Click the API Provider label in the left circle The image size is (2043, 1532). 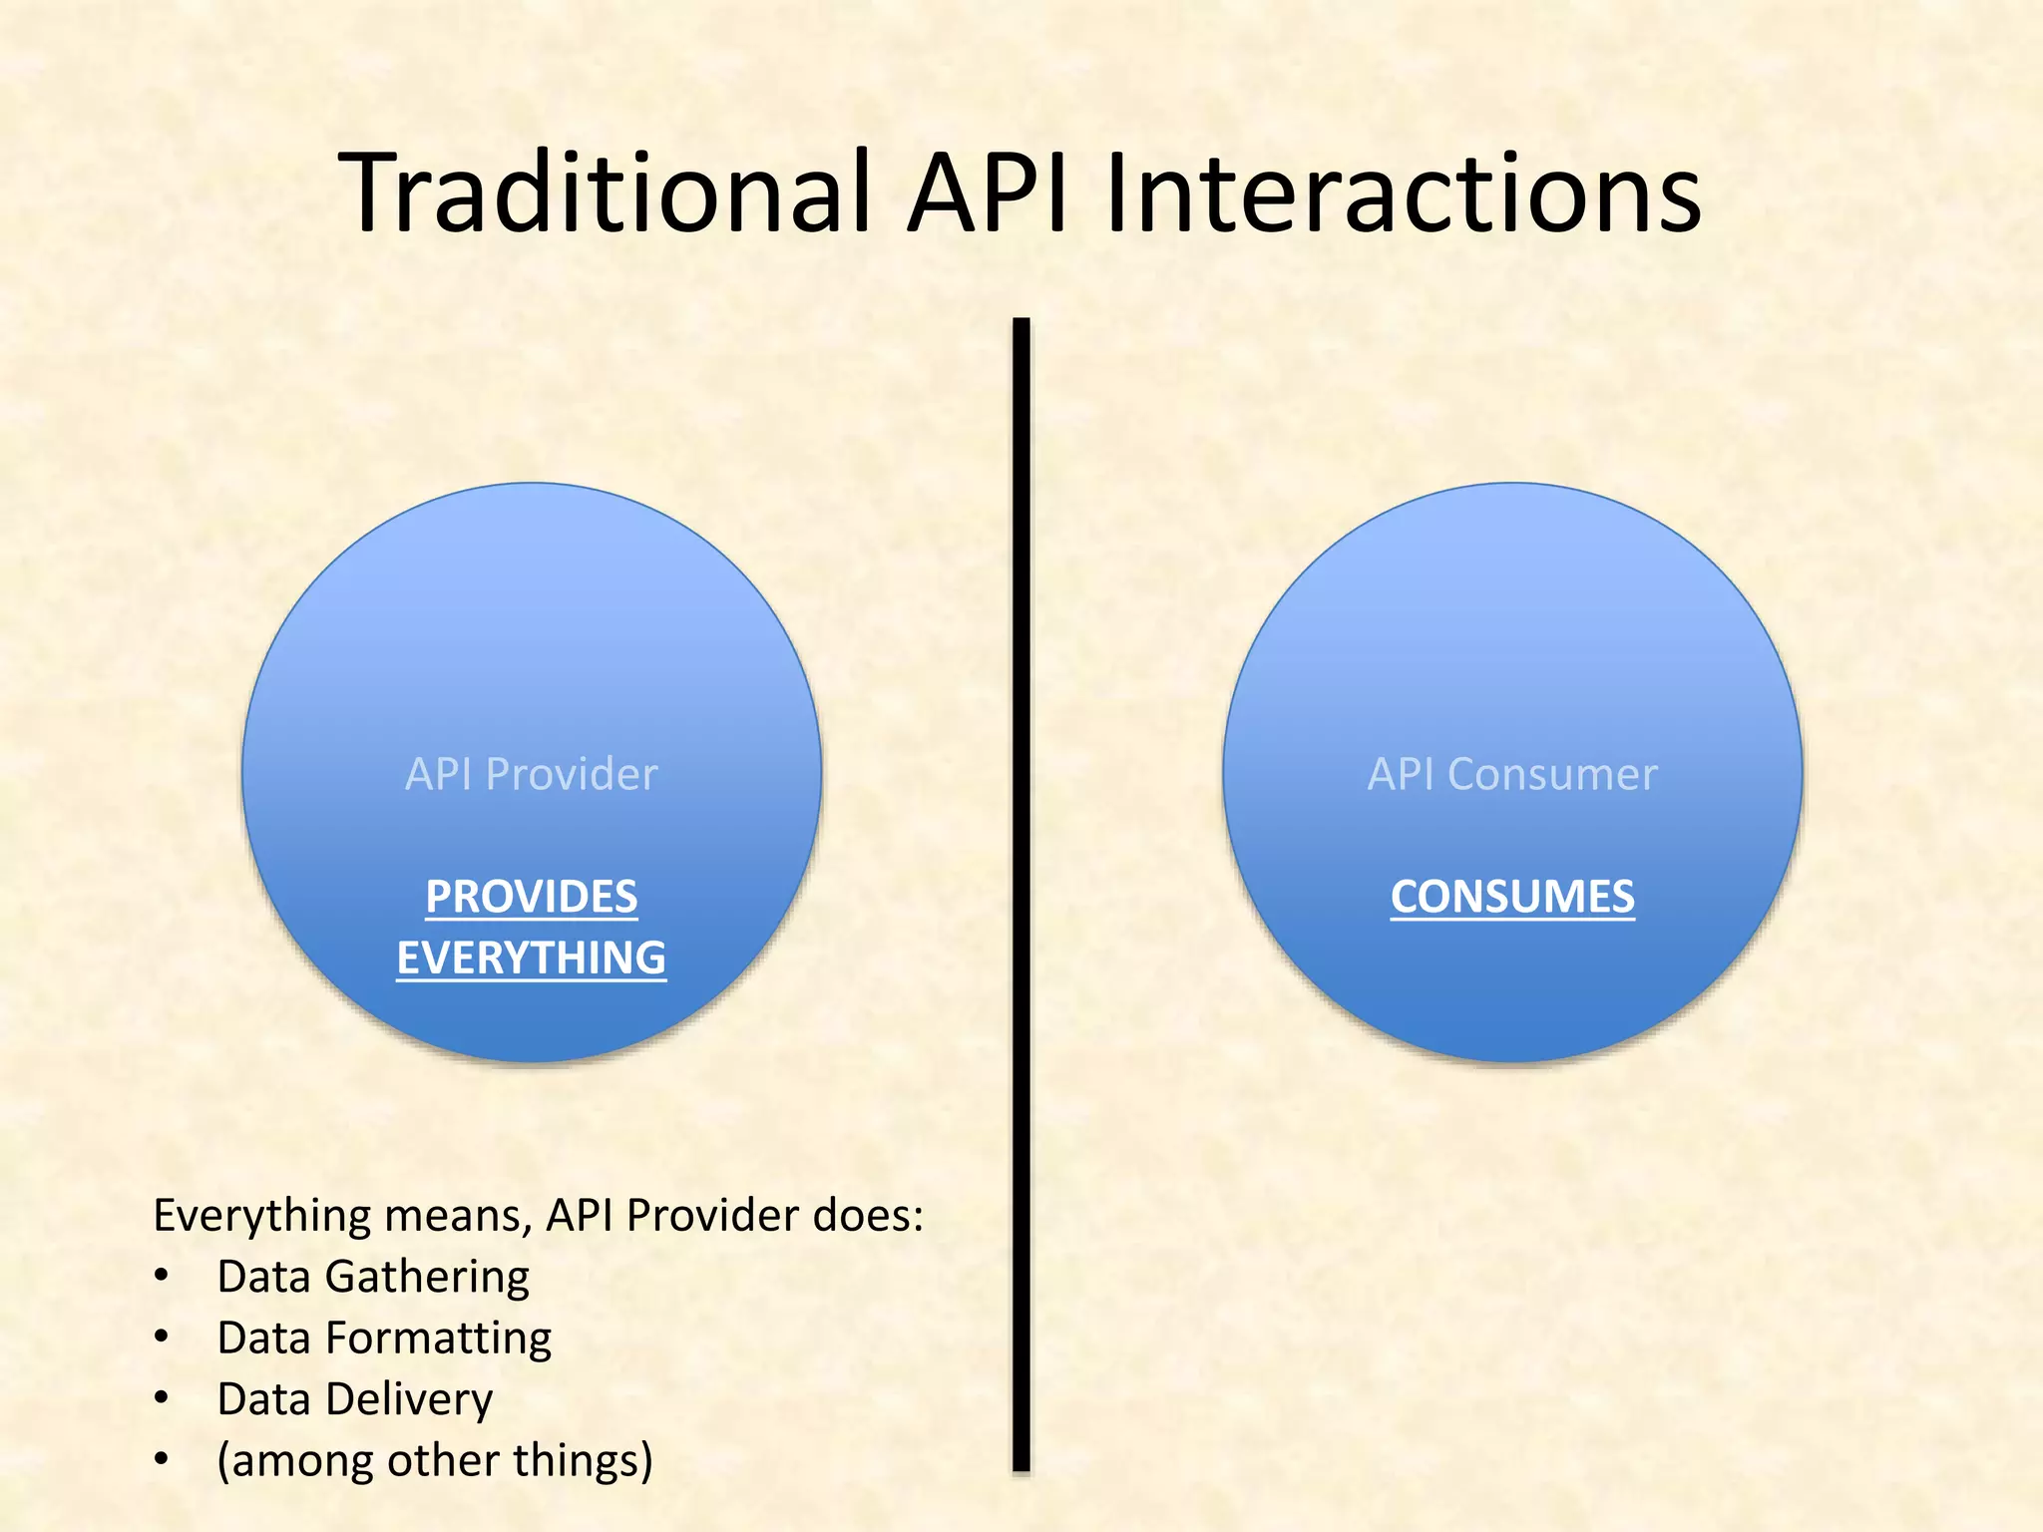531,775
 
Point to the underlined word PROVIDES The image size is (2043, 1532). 531,897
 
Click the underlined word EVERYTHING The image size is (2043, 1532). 531,958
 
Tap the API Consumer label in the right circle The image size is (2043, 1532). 1512,775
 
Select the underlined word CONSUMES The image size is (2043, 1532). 1512,897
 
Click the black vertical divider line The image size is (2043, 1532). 1021,898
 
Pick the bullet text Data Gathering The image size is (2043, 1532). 373,1278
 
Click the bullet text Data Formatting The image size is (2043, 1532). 384,1339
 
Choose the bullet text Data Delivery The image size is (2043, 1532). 354,1399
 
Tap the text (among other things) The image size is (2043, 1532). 435,1461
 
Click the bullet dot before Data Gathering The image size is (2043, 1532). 162,1277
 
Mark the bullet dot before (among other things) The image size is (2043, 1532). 162,1460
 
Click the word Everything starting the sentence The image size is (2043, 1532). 261,1217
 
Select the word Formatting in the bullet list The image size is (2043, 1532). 439,1339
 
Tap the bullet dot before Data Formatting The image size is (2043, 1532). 162,1338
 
